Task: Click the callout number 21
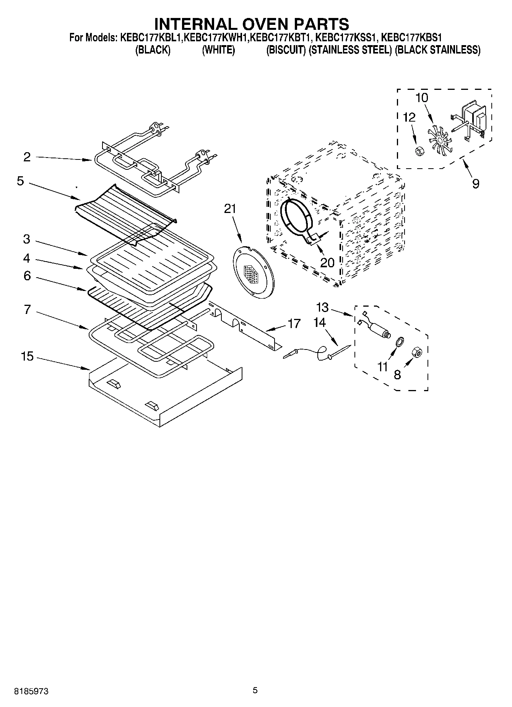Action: [230, 209]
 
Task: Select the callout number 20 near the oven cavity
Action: [327, 262]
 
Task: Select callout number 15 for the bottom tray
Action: [27, 356]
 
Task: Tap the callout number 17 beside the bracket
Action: [294, 323]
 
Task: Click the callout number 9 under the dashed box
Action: [475, 184]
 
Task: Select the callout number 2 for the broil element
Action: [27, 157]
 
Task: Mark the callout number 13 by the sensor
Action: [322, 307]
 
